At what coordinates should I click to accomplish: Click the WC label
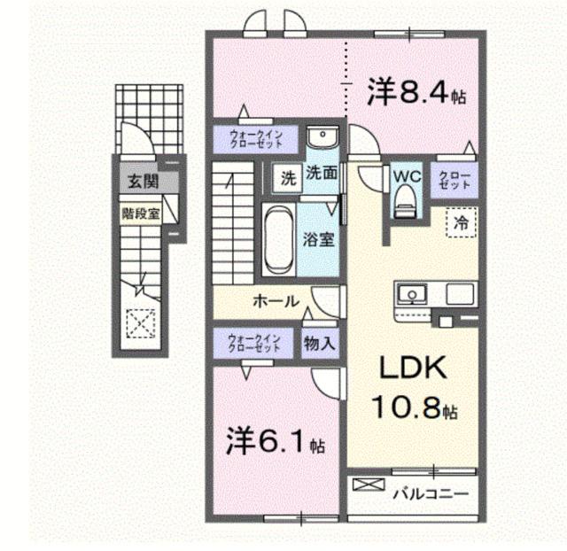tap(406, 175)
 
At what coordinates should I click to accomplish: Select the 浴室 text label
tap(319, 240)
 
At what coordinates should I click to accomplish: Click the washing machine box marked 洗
tap(289, 176)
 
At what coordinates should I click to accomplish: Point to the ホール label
tap(276, 301)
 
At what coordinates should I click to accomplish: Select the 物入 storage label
tap(319, 342)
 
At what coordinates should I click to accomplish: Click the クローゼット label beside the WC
tap(450, 181)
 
